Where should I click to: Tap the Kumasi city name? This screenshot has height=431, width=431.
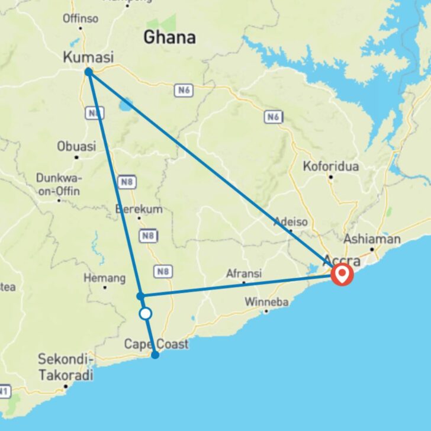pyautogui.click(x=88, y=57)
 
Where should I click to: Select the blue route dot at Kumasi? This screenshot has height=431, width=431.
pyautogui.click(x=88, y=72)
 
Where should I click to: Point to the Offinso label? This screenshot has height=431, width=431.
pyautogui.click(x=81, y=18)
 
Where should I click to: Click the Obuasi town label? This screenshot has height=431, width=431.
pyautogui.click(x=76, y=146)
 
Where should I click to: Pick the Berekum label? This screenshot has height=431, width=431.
pyautogui.click(x=139, y=209)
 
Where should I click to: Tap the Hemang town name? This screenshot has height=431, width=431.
pyautogui.click(x=105, y=278)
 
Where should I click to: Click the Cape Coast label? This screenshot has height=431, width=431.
pyautogui.click(x=156, y=344)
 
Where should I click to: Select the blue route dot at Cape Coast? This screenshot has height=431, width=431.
pyautogui.click(x=155, y=355)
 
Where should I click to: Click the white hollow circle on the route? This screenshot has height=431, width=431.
pyautogui.click(x=145, y=314)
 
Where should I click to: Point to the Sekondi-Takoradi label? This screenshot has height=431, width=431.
pyautogui.click(x=66, y=367)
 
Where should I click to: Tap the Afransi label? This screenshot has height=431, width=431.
pyautogui.click(x=244, y=274)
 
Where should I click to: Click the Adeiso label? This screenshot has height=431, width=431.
pyautogui.click(x=290, y=223)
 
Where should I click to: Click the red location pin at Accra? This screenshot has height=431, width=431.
pyautogui.click(x=342, y=274)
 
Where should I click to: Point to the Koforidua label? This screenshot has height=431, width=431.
pyautogui.click(x=331, y=166)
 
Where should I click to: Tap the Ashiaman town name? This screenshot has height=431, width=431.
pyautogui.click(x=372, y=240)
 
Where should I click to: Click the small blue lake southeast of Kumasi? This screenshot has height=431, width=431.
pyautogui.click(x=126, y=105)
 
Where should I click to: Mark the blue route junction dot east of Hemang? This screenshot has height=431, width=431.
pyautogui.click(x=140, y=295)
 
